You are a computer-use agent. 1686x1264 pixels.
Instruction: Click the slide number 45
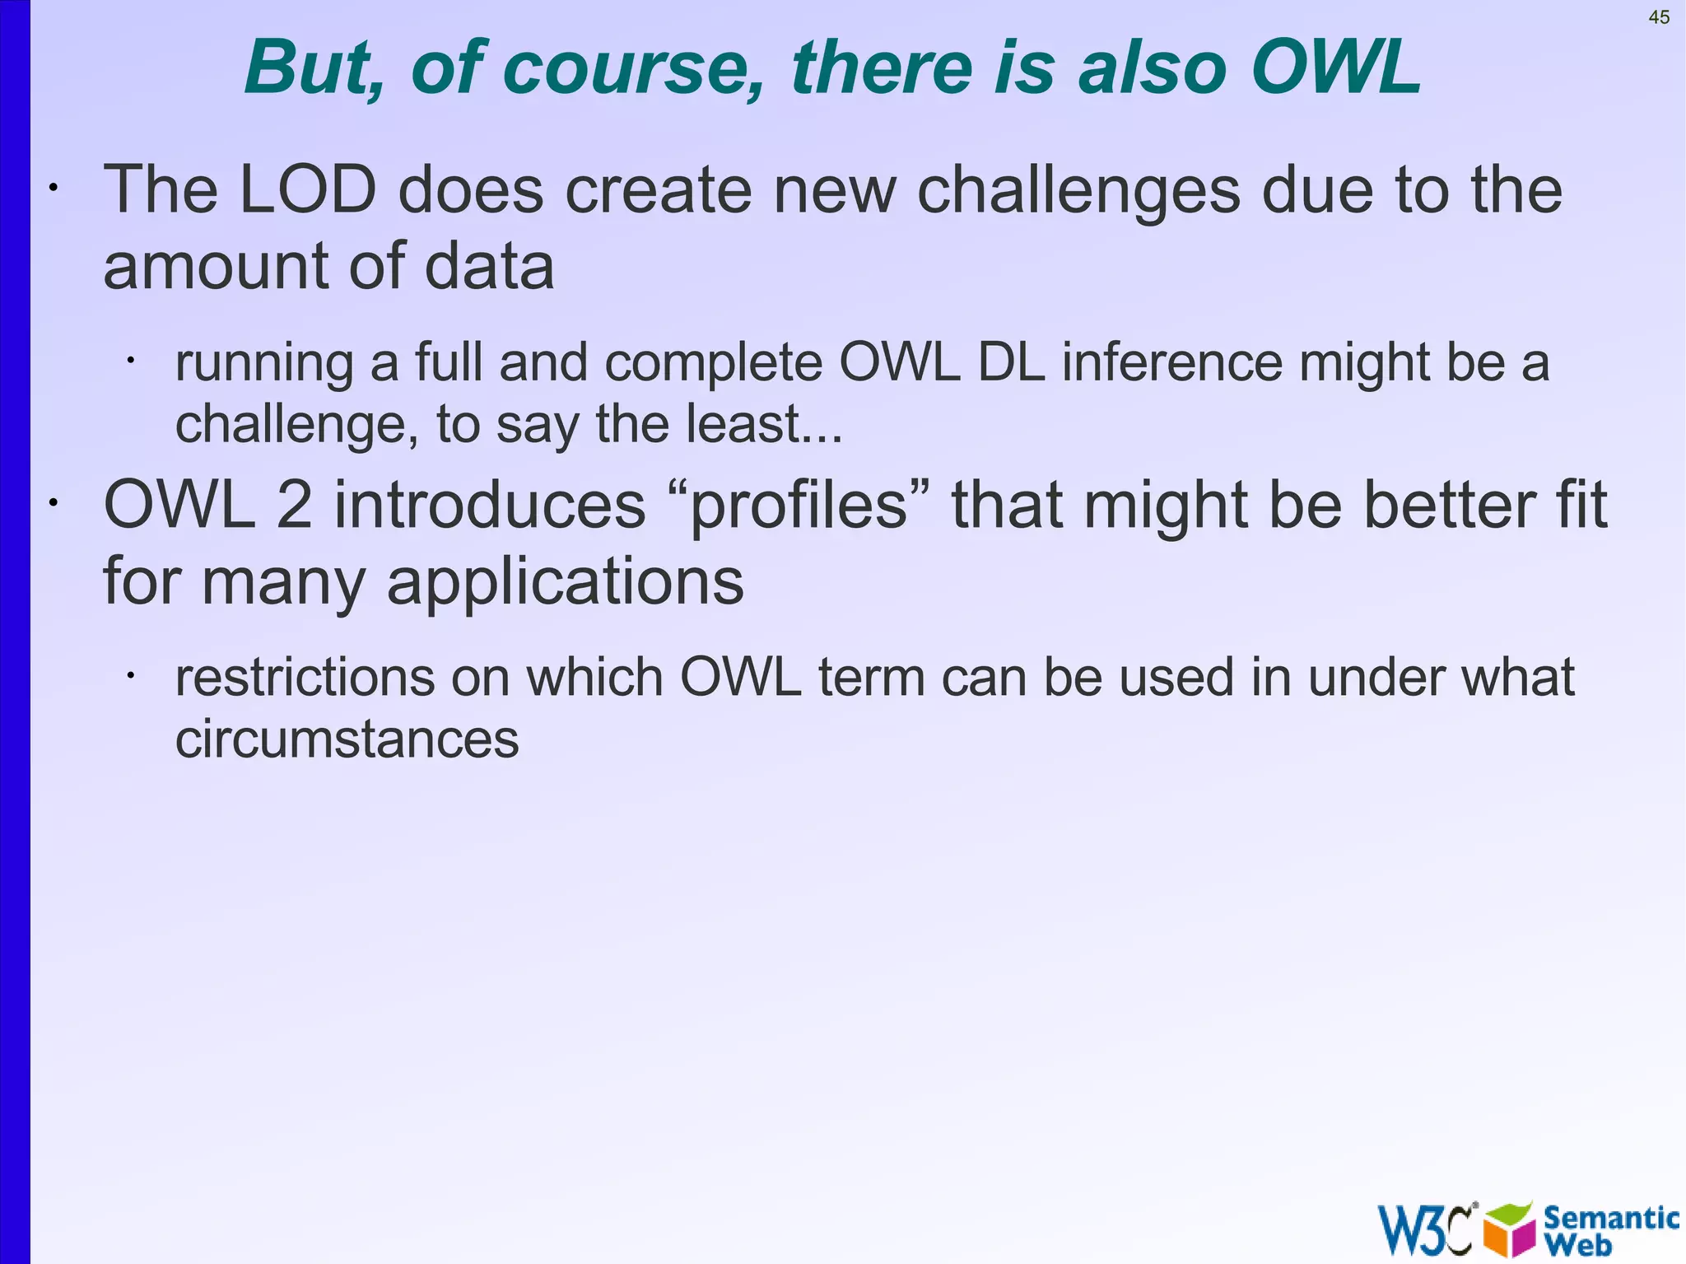point(1659,17)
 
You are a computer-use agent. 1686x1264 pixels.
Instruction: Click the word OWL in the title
point(1335,68)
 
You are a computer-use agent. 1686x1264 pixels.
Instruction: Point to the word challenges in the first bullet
point(1078,191)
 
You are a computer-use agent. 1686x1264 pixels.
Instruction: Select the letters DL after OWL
point(1012,362)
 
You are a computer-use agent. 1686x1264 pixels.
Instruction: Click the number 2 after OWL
point(294,505)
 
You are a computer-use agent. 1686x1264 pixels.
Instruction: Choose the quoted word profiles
point(798,505)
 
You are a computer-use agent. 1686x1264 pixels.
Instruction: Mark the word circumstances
point(347,739)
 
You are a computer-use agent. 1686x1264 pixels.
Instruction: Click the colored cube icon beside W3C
point(1509,1230)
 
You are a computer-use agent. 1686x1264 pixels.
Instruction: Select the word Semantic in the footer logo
point(1609,1217)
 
